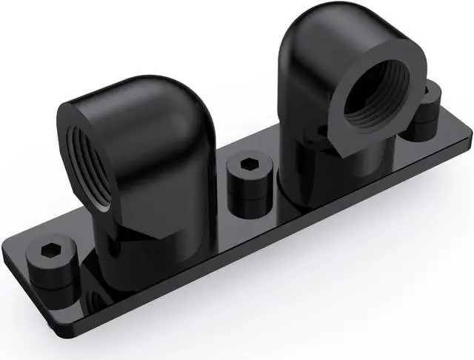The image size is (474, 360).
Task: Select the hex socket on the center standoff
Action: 247,161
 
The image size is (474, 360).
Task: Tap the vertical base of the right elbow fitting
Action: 326,170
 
